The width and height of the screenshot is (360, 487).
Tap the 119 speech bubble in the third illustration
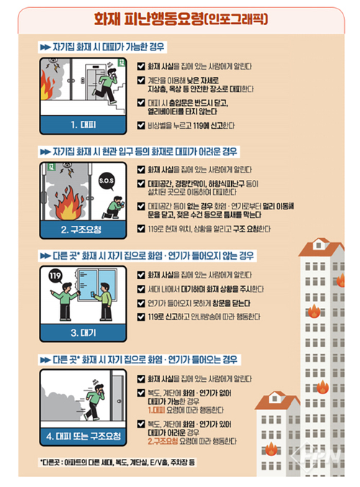tap(56, 276)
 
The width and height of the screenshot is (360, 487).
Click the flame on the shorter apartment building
tap(271, 450)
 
